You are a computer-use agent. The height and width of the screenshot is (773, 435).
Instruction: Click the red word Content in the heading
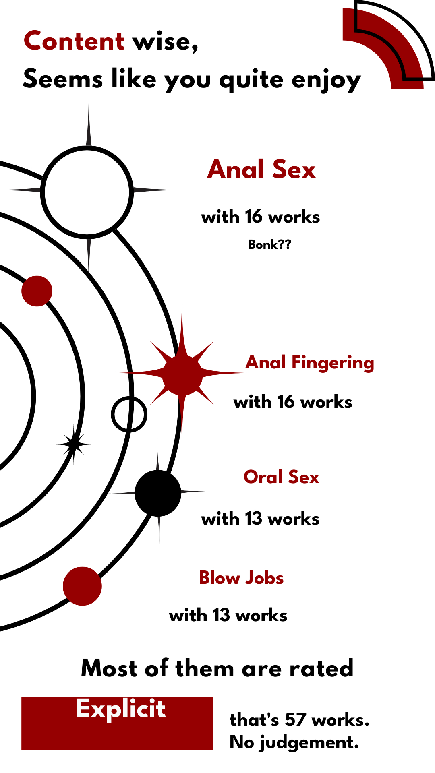click(74, 41)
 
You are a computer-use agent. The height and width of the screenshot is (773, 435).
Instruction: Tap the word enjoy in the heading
click(326, 80)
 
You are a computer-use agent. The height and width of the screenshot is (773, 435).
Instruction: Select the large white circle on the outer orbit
click(87, 192)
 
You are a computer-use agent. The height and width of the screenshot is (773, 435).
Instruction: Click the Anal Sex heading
click(261, 169)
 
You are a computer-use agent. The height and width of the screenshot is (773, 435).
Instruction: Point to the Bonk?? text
click(269, 244)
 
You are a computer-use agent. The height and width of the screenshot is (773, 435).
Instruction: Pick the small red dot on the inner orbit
click(37, 291)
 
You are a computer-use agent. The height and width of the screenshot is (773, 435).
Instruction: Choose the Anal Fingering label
click(310, 362)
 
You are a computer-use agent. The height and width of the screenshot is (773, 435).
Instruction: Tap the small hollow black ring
click(129, 414)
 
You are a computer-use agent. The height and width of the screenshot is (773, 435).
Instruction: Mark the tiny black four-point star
click(74, 444)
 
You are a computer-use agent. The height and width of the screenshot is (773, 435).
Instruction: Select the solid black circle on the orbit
click(158, 492)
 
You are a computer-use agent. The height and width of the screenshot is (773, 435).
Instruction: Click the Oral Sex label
click(282, 477)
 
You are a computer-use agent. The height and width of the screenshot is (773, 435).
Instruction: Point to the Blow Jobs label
click(241, 578)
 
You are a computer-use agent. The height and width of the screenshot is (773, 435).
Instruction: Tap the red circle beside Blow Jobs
click(82, 586)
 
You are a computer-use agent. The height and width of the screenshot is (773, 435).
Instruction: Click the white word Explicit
click(120, 709)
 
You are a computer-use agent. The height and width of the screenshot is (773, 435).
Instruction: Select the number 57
click(295, 720)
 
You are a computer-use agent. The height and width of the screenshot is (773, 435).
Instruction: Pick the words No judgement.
click(294, 742)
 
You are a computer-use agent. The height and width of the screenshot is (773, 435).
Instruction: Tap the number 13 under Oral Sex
click(253, 519)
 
